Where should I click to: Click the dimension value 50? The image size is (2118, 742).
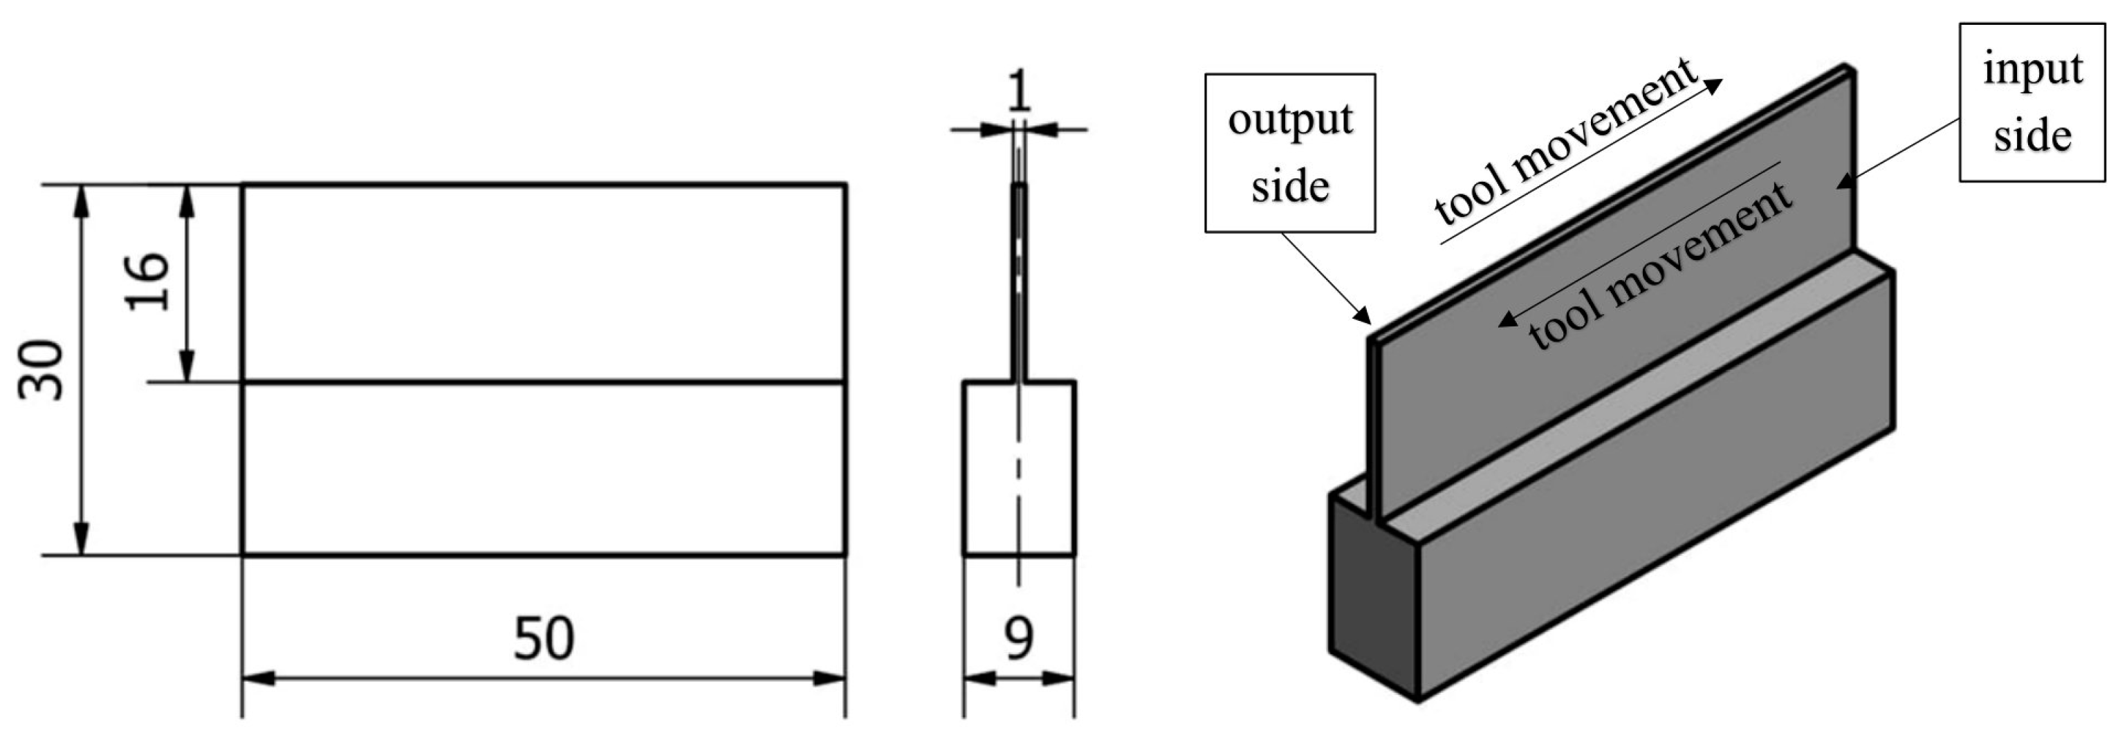click(x=544, y=639)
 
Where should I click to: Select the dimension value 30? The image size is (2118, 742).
click(x=41, y=370)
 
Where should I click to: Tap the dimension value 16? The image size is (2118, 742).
click(x=148, y=282)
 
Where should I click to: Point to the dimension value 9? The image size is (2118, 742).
click(x=1019, y=639)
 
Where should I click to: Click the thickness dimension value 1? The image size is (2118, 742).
click(x=1019, y=92)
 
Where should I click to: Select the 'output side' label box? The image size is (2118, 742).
click(x=1289, y=153)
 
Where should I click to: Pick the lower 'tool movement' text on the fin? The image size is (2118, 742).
click(x=1661, y=267)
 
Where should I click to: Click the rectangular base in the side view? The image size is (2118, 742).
click(x=1019, y=468)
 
